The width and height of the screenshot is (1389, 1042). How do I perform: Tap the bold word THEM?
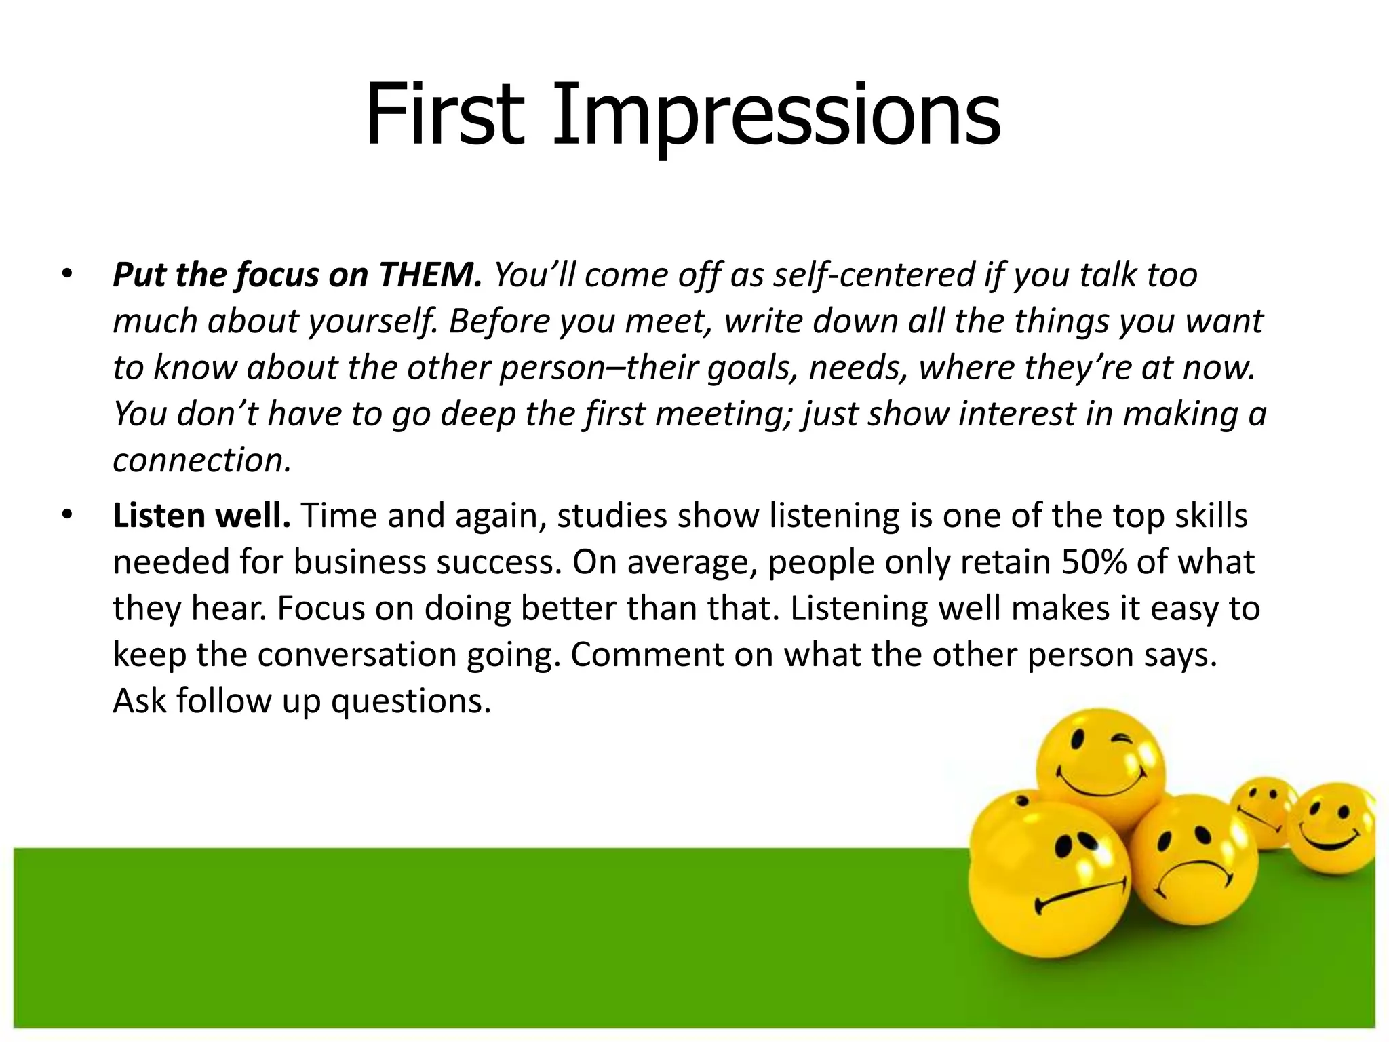[430, 275]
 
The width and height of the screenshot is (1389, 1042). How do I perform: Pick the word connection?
[201, 460]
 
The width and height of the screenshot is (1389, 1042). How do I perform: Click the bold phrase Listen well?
[201, 516]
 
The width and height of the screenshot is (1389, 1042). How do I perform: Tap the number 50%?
[1094, 562]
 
